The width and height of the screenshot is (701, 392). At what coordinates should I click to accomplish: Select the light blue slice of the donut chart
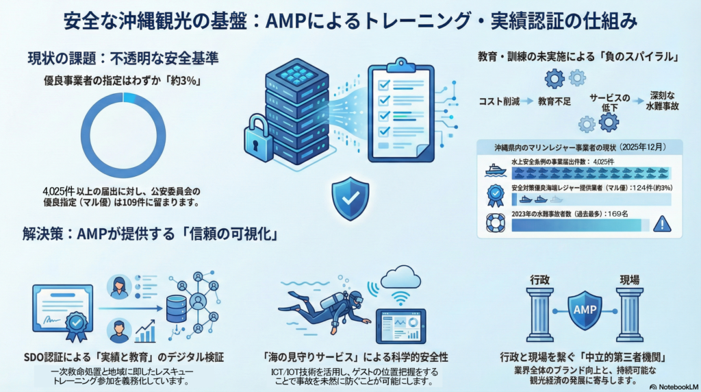point(130,98)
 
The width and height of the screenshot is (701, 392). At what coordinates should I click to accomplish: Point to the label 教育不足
point(555,101)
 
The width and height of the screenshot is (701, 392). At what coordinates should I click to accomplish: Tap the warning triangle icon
point(661,224)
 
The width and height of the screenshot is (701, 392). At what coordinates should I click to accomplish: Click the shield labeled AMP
point(584,310)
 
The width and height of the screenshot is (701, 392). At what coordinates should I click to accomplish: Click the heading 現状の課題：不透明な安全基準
point(123,58)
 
